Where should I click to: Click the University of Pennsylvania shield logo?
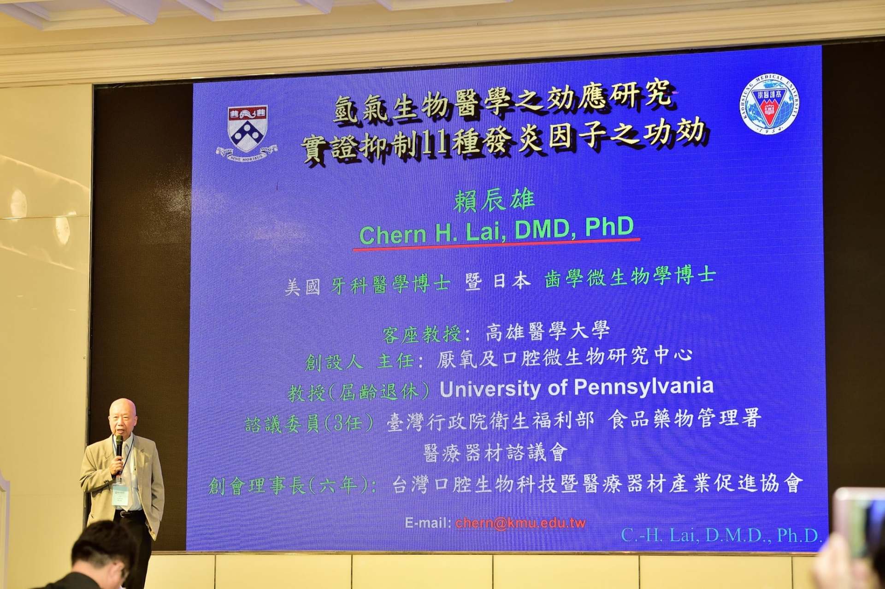tap(247, 130)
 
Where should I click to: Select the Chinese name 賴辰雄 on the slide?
tap(494, 201)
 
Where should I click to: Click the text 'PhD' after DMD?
tap(609, 227)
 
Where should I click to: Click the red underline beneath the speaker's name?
tap(496, 244)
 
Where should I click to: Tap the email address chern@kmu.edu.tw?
tap(520, 523)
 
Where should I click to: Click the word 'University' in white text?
tap(490, 389)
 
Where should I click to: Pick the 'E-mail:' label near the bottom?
tap(428, 523)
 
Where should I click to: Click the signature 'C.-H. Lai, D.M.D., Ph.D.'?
tap(721, 535)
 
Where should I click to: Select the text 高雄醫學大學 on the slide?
tap(548, 331)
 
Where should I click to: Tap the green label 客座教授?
tap(421, 334)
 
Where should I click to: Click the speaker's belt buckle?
tap(123, 514)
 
